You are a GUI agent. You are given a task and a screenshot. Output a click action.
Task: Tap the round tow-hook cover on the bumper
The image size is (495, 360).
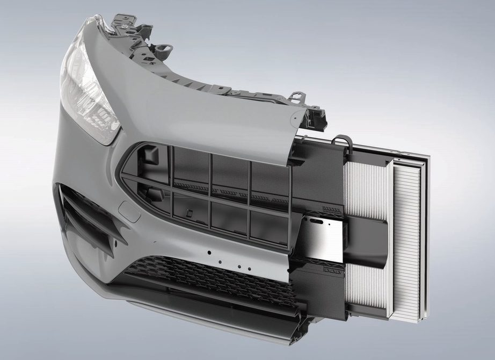coord(129,210)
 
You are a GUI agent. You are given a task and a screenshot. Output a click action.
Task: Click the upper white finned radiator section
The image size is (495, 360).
coord(365,188)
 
